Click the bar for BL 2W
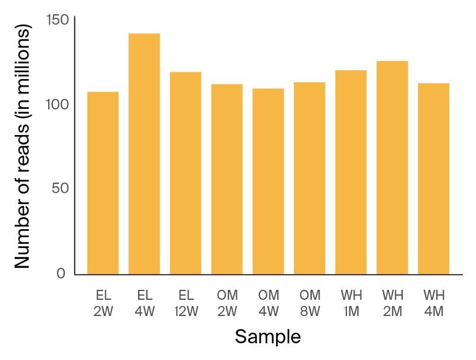(103, 181)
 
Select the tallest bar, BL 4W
(144, 153)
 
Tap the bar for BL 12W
(186, 172)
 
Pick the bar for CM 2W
(227, 178)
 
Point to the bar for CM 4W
(268, 180)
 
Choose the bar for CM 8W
(309, 177)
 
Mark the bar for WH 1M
(351, 171)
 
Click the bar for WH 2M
(392, 167)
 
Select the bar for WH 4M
(434, 178)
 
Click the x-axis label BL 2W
(103, 303)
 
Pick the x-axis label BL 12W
(186, 303)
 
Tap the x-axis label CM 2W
(227, 303)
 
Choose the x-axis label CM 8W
(309, 303)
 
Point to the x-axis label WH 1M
(351, 303)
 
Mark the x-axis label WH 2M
(392, 303)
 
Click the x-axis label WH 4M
(434, 303)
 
